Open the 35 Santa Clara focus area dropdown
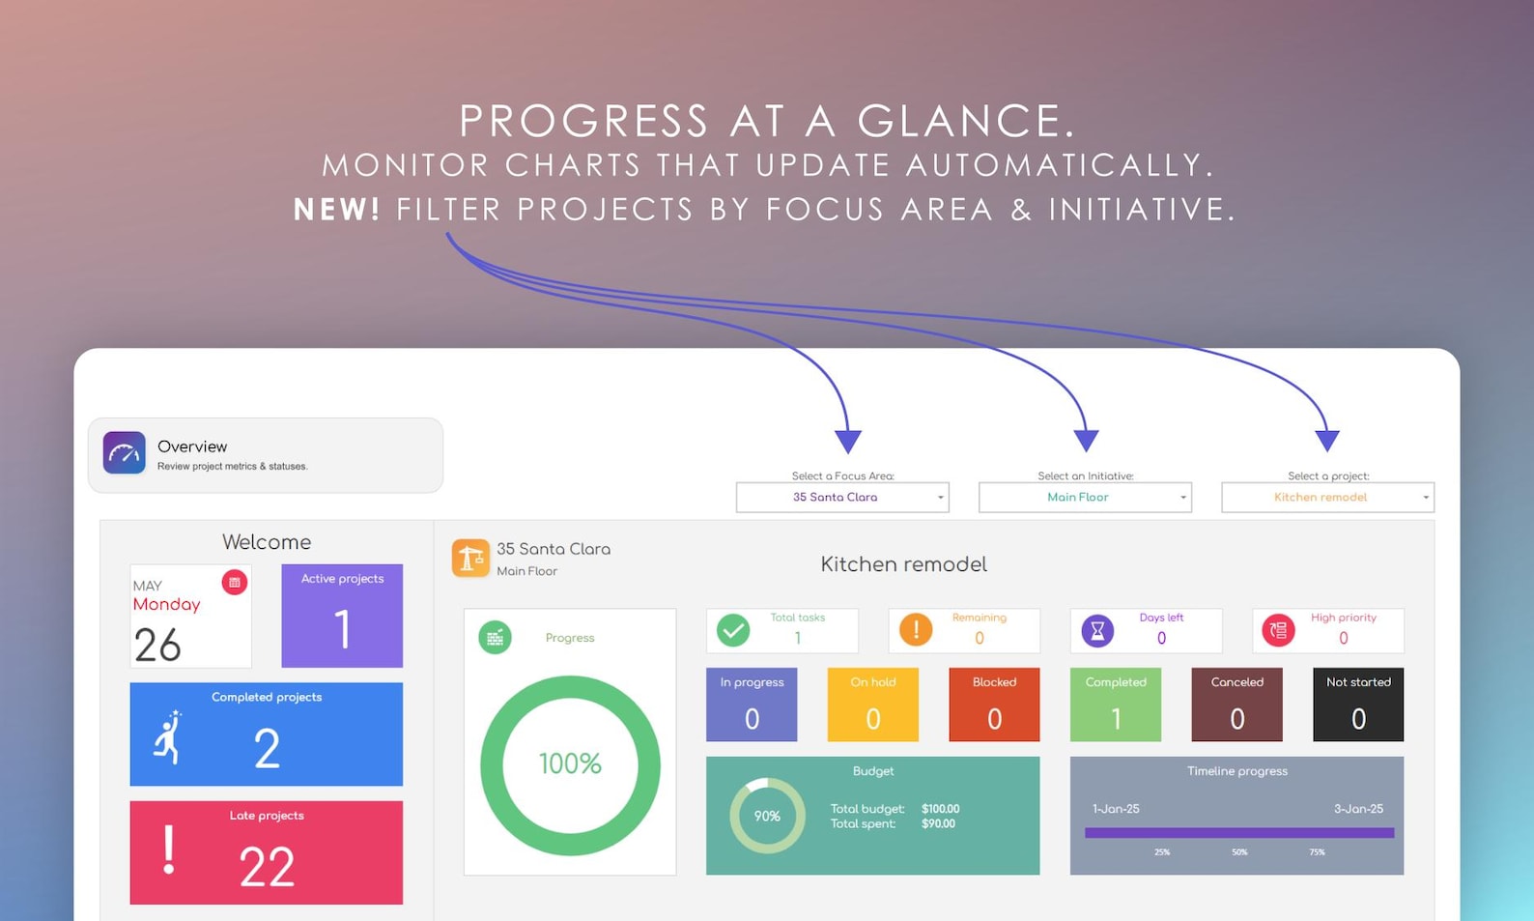tap(841, 497)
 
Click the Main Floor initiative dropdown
tap(1084, 497)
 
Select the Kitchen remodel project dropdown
tap(1326, 497)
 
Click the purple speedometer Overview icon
tap(125, 452)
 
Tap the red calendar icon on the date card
tap(235, 582)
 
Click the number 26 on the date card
tap(157, 645)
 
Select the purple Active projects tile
tap(342, 616)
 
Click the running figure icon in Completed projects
tap(170, 738)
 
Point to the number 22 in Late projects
tap(267, 866)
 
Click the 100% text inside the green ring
tap(570, 763)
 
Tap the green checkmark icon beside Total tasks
tap(733, 630)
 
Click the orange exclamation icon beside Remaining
tap(915, 630)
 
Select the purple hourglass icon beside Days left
tap(1097, 630)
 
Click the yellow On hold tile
tap(872, 705)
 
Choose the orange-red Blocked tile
tap(994, 705)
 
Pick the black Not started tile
tap(1357, 705)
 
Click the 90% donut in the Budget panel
tap(767, 816)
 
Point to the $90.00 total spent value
tap(938, 824)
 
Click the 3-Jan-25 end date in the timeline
tap(1358, 809)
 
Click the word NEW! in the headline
tap(337, 209)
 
